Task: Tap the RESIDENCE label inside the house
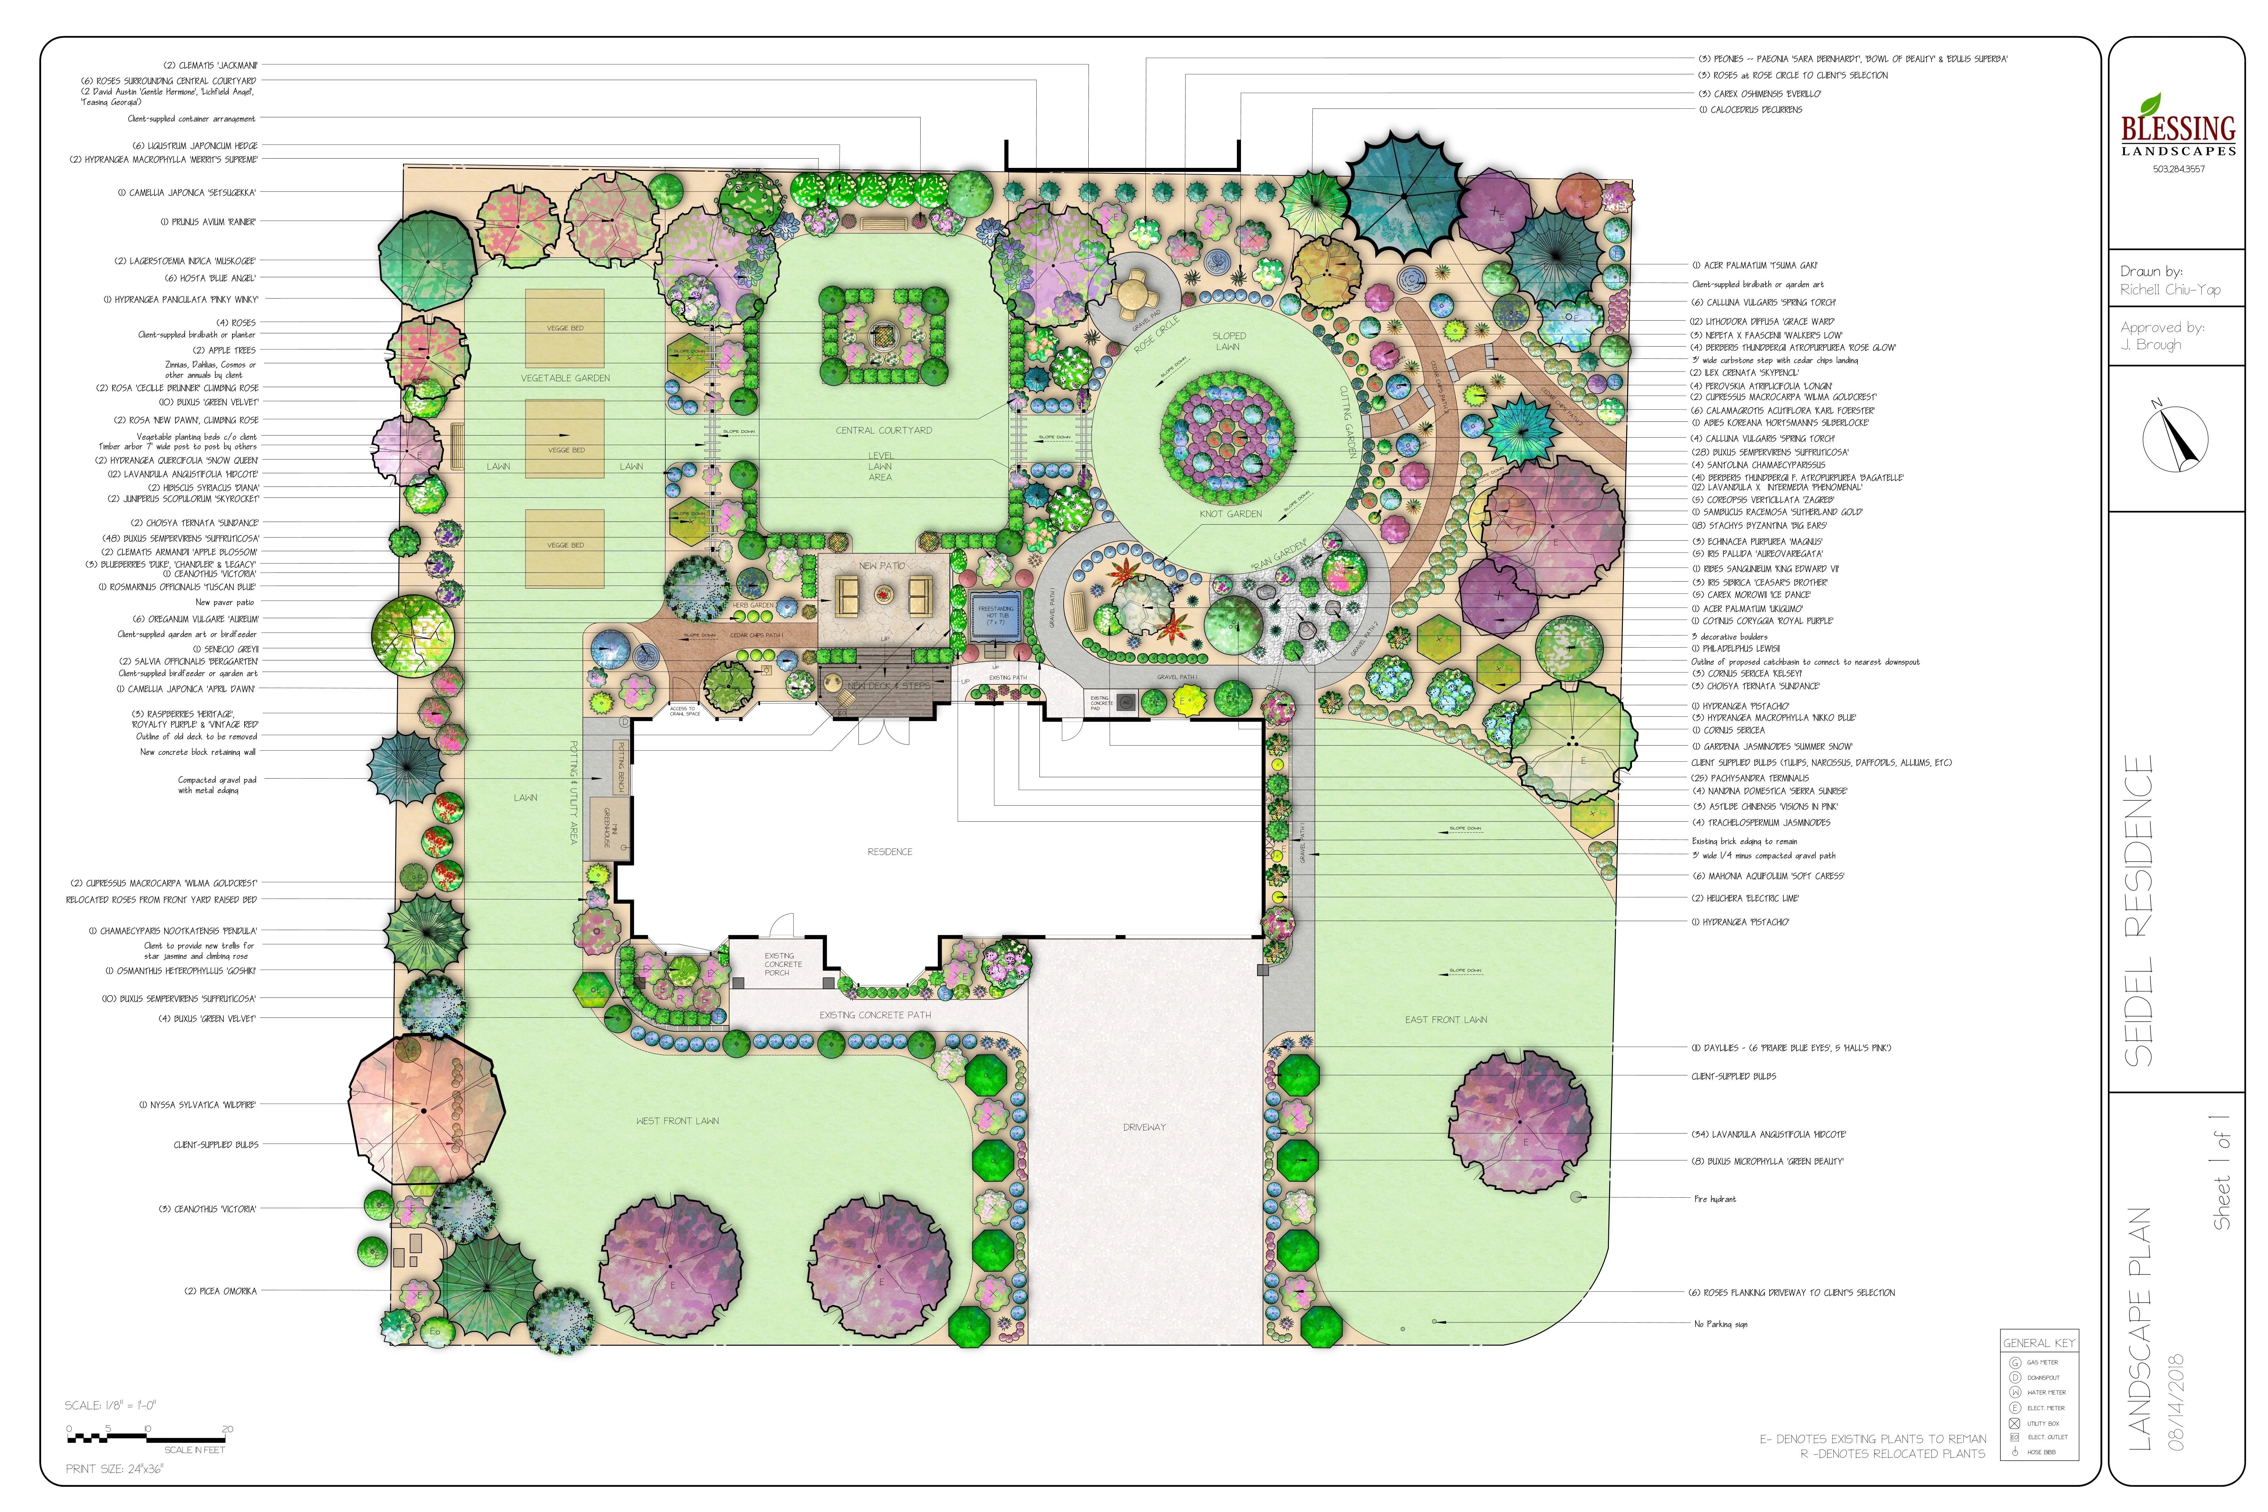click(889, 851)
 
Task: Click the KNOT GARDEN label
click(1230, 514)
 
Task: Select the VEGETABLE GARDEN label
click(565, 378)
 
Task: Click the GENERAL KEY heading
click(2038, 1342)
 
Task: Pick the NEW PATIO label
click(882, 566)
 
